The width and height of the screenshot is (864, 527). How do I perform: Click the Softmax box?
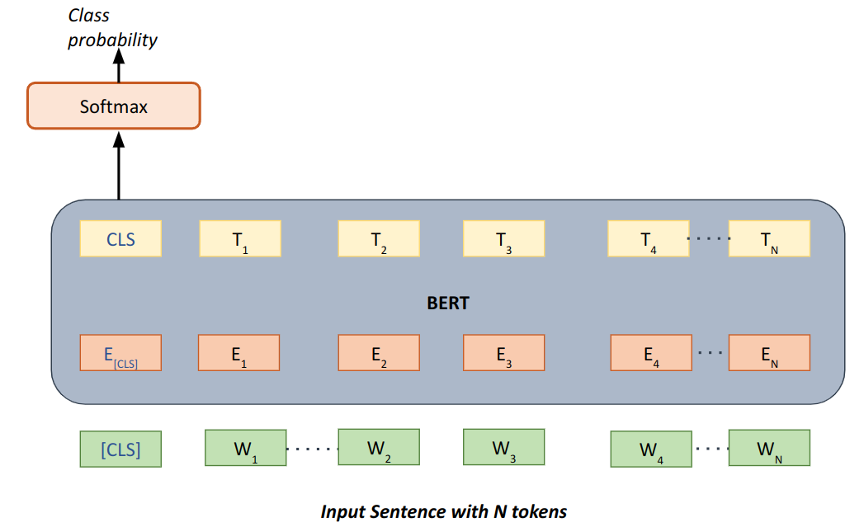click(x=114, y=106)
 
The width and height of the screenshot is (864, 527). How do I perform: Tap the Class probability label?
click(x=112, y=28)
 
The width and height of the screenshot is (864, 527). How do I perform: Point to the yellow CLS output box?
click(x=120, y=239)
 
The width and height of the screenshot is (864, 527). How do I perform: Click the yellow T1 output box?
click(x=240, y=239)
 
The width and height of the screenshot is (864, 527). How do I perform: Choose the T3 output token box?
click(x=503, y=239)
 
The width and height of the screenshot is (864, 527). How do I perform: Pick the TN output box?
click(x=769, y=239)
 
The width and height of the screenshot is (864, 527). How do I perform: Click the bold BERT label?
click(x=447, y=303)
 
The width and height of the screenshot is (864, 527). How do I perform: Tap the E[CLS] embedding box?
click(x=120, y=353)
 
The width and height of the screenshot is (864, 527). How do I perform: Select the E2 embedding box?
click(x=379, y=353)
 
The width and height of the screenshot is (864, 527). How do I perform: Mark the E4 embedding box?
click(x=651, y=353)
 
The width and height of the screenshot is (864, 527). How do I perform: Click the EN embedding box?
click(x=769, y=353)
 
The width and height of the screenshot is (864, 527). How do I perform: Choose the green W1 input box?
click(x=245, y=449)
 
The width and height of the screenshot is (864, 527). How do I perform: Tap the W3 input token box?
click(x=503, y=448)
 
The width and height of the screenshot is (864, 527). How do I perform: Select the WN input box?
click(x=769, y=449)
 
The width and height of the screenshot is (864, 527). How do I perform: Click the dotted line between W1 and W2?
click(x=312, y=449)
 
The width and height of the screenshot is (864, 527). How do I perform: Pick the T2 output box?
click(x=379, y=239)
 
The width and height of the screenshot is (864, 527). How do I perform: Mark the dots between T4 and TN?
click(x=709, y=239)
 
